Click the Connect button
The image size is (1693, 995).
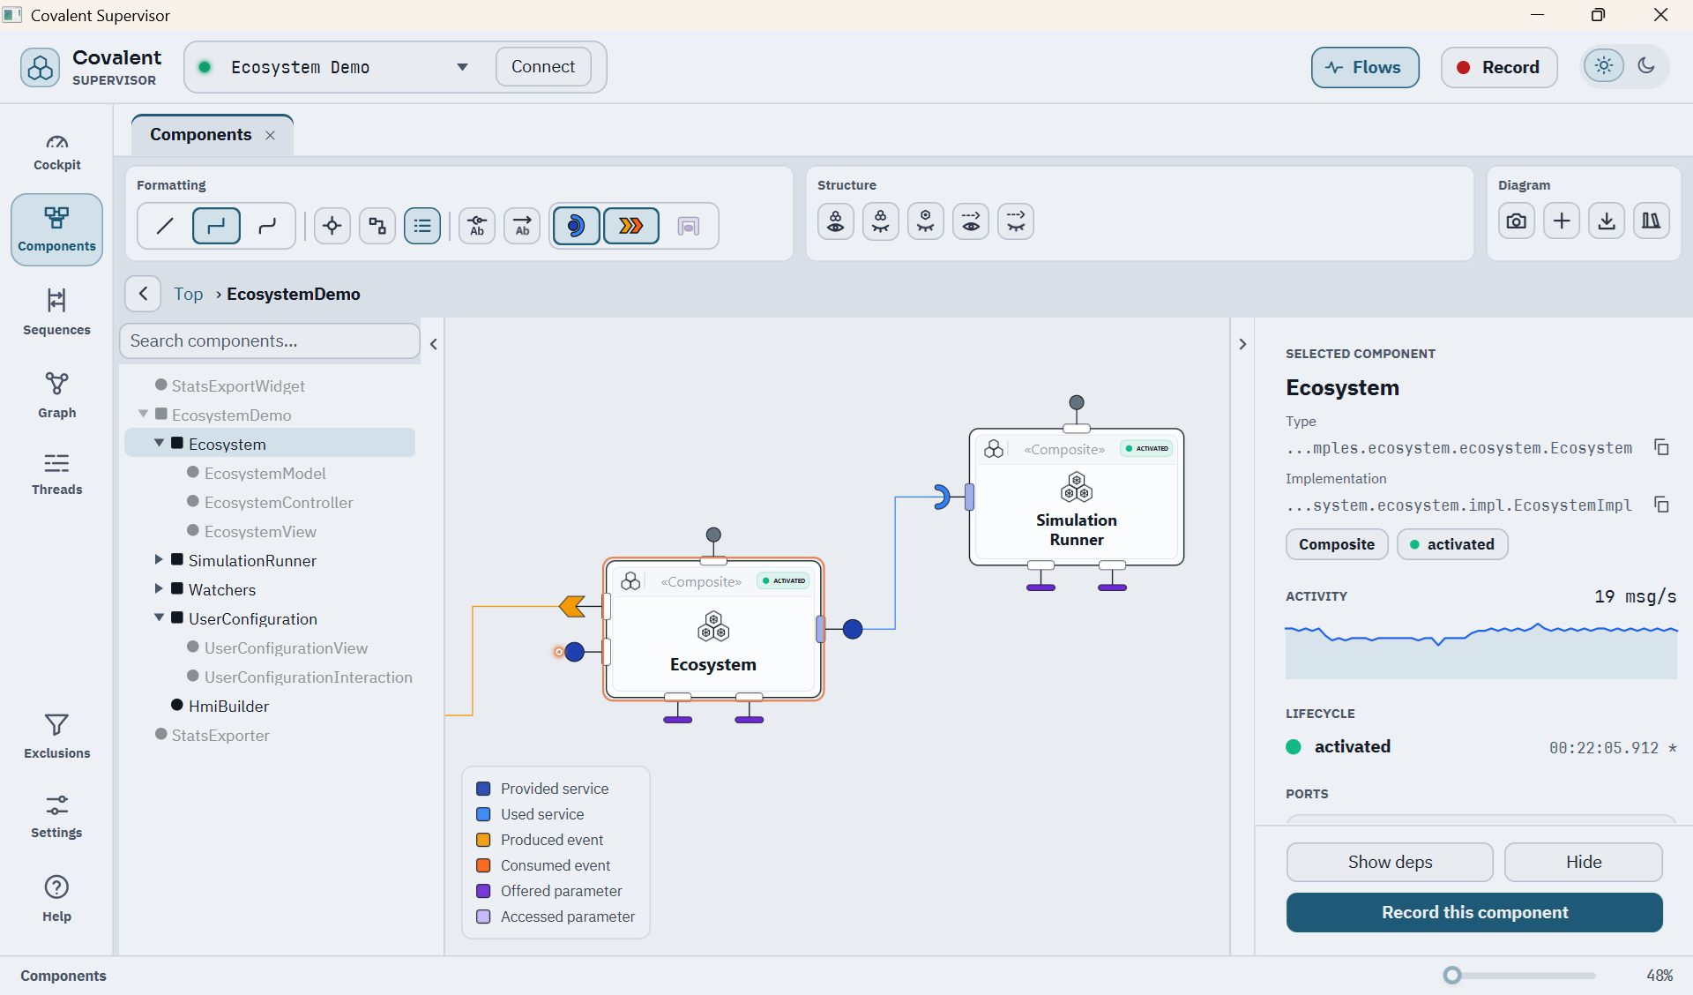pyautogui.click(x=543, y=67)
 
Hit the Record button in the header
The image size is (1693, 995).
pyautogui.click(x=1498, y=68)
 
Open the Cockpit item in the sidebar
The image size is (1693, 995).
pyautogui.click(x=57, y=152)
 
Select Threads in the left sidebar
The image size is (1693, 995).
pyautogui.click(x=57, y=474)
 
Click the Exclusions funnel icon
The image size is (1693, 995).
pyautogui.click(x=56, y=725)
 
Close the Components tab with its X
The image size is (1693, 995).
pyautogui.click(x=271, y=135)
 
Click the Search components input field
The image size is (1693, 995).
pyautogui.click(x=270, y=340)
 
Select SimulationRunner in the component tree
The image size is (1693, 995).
pyautogui.click(x=252, y=560)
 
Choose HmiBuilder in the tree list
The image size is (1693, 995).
pyautogui.click(x=228, y=706)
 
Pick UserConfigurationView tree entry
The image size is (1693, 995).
pyautogui.click(x=286, y=647)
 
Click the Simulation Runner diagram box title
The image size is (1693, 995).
pyautogui.click(x=1076, y=529)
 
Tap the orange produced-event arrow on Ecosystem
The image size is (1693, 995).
pyautogui.click(x=572, y=606)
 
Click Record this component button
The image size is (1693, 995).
pyautogui.click(x=1474, y=912)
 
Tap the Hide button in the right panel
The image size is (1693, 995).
pyautogui.click(x=1584, y=862)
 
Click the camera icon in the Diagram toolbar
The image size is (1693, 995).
pyautogui.click(x=1517, y=221)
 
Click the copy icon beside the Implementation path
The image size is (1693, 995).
pyautogui.click(x=1661, y=505)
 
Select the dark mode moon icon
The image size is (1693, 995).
pyautogui.click(x=1645, y=66)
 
